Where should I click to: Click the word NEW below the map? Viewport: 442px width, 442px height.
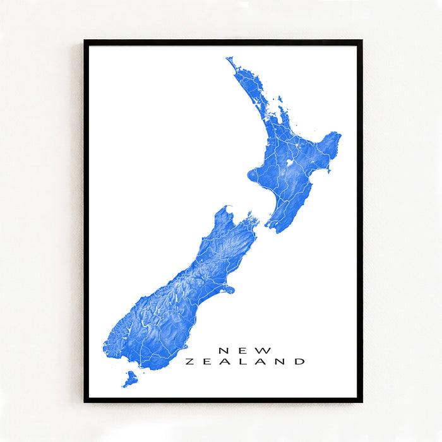[x=245, y=350]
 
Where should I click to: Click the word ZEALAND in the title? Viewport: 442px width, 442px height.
[x=245, y=362]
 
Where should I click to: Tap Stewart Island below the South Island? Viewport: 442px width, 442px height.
[x=130, y=379]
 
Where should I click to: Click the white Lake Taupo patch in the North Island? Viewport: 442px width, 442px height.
[x=289, y=162]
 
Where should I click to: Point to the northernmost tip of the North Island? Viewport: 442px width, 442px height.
[x=228, y=59]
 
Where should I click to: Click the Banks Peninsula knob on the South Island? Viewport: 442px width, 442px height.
[x=228, y=290]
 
